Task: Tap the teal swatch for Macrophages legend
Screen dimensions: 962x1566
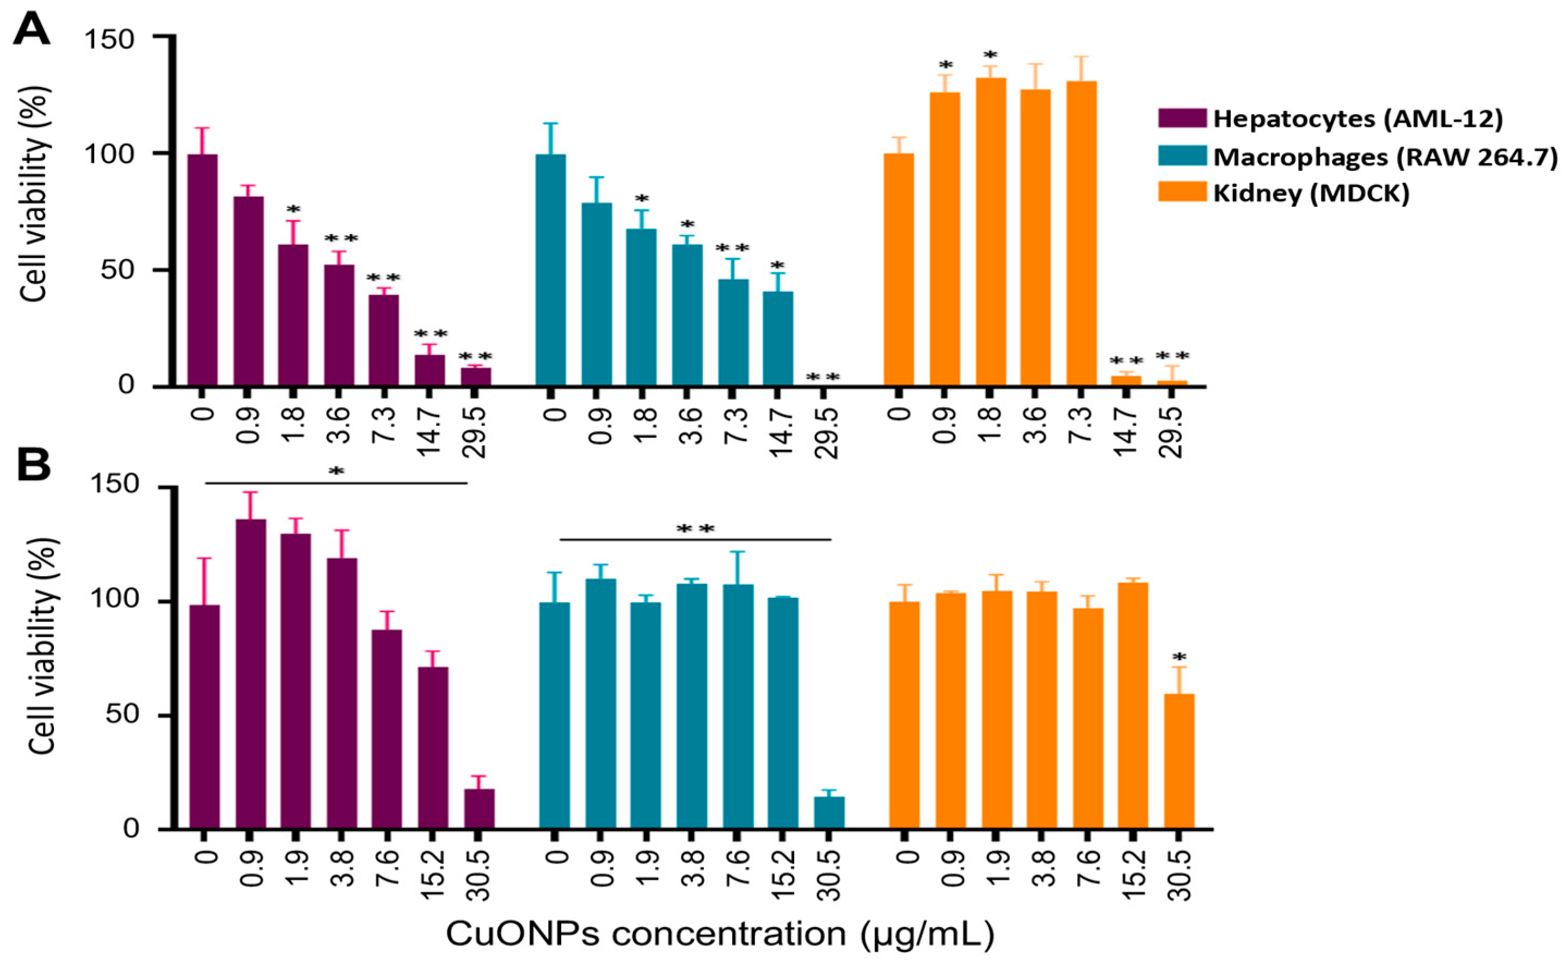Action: pos(1182,156)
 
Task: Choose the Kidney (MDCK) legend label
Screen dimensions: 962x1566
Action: pos(1311,193)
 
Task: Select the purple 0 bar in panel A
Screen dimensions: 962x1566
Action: pos(203,270)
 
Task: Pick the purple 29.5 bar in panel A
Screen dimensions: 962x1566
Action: pos(476,377)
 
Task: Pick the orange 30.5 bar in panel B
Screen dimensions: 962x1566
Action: pos(1179,762)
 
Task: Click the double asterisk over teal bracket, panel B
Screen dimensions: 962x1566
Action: pos(696,529)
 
